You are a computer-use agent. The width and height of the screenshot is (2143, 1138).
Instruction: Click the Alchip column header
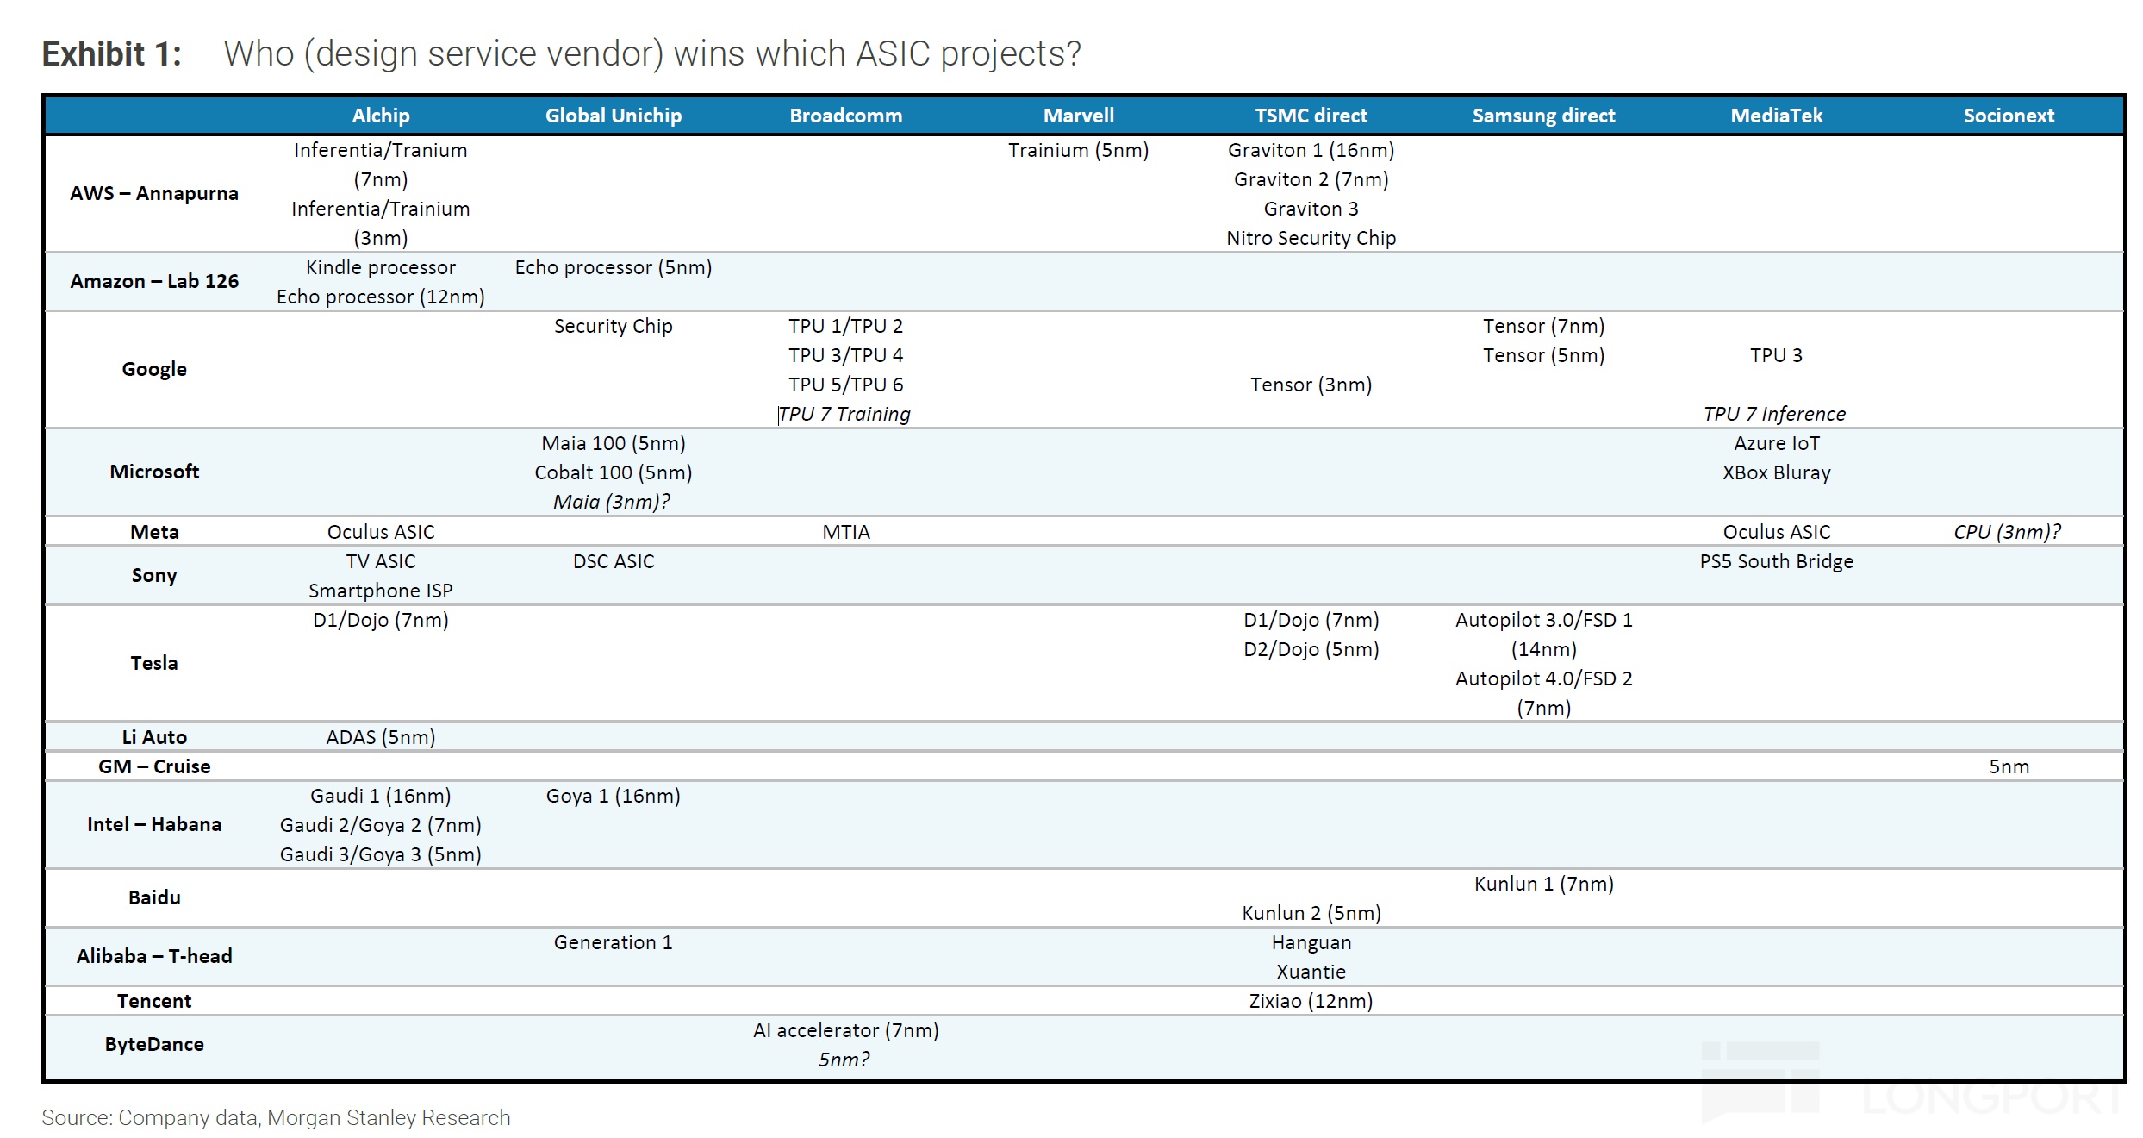[x=381, y=116]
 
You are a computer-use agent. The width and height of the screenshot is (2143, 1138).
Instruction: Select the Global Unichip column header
[x=614, y=116]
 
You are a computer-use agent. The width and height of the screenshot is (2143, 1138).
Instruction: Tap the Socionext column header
[x=2009, y=116]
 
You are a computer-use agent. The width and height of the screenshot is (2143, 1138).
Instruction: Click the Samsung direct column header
[x=1543, y=116]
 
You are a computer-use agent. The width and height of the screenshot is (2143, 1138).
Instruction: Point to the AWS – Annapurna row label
[x=154, y=193]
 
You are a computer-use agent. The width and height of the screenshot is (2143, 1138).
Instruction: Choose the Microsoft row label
[x=154, y=472]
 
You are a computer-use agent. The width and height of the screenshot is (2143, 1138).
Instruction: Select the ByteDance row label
[x=154, y=1044]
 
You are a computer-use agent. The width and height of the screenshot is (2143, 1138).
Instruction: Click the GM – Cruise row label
[x=154, y=766]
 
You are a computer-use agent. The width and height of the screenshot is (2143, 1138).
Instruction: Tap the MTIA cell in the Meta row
[x=846, y=532]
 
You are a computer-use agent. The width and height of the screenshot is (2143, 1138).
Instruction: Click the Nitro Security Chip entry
[x=1311, y=238]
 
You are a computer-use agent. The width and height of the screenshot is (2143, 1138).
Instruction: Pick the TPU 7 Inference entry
[x=1775, y=414]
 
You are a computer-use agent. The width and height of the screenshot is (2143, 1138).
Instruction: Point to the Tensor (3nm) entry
[x=1311, y=385]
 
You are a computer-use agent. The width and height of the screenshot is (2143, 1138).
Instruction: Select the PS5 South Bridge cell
[x=1776, y=561]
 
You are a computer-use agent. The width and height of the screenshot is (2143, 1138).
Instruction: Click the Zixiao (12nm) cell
[x=1311, y=1001]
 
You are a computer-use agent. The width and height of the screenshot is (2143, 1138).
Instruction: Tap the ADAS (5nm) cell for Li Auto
[x=381, y=737]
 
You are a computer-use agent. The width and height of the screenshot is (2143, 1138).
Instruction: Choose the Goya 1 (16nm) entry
[x=614, y=796]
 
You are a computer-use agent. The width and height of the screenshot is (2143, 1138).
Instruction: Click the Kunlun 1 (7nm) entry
[x=1543, y=884]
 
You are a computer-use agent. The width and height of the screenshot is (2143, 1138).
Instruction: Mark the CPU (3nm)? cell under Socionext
[x=2008, y=532]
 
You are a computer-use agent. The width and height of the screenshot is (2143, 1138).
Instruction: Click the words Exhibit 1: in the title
[x=112, y=53]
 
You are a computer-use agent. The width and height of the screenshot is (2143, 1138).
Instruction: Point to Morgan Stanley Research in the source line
[x=389, y=1117]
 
